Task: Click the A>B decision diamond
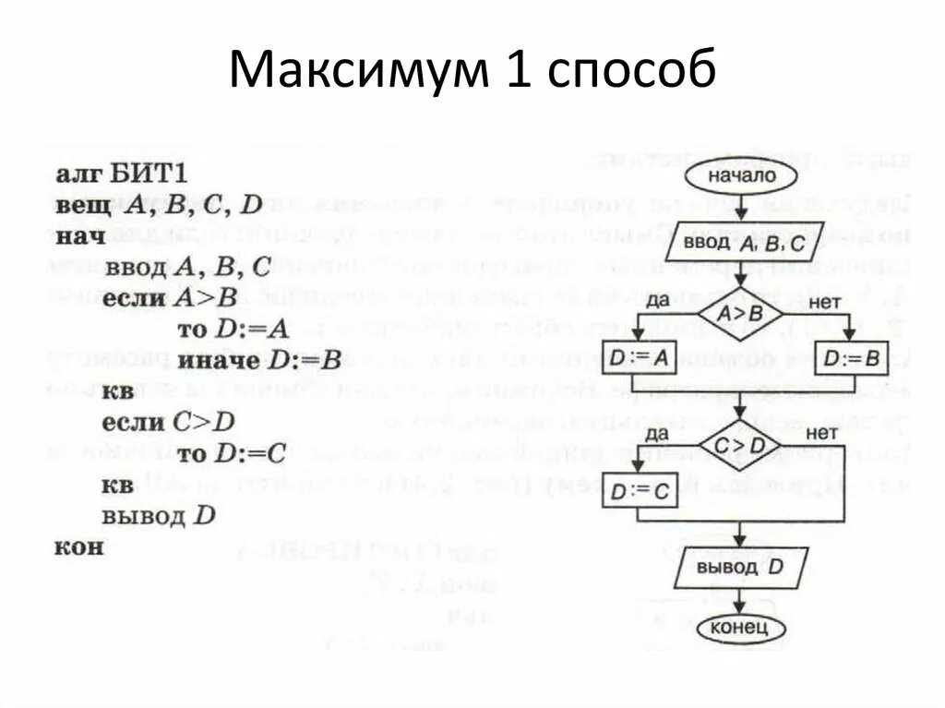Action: tap(740, 314)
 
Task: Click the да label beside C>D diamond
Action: tap(656, 433)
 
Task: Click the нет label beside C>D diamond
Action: tap(820, 433)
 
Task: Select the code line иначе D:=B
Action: tap(260, 360)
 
